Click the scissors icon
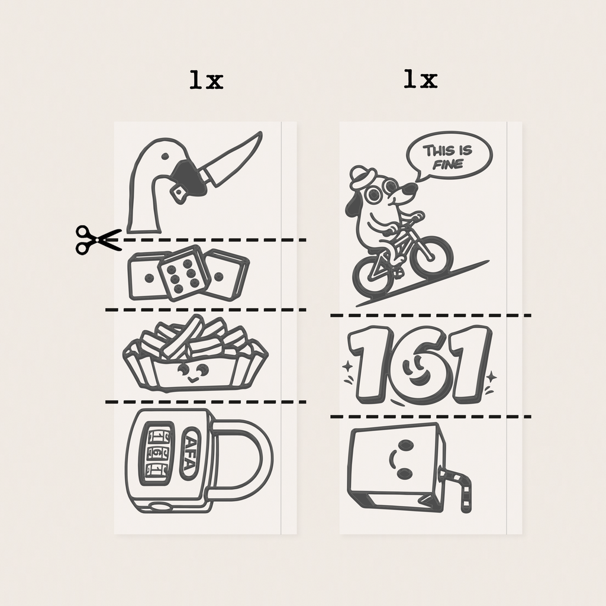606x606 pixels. [98, 240]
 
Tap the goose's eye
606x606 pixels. [165, 156]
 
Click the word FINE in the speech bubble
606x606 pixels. [449, 165]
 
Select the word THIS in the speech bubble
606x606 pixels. [436, 150]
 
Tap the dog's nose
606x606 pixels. [412, 189]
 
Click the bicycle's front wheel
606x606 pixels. [431, 256]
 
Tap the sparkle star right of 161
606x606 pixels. [492, 376]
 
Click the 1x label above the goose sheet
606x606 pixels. [207, 80]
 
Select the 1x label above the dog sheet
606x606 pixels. [421, 79]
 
